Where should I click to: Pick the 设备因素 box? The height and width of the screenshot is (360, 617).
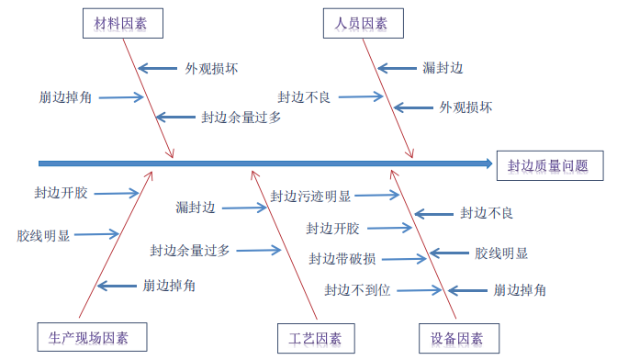pyautogui.click(x=457, y=338)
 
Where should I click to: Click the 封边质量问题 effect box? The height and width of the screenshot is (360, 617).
pyautogui.click(x=548, y=165)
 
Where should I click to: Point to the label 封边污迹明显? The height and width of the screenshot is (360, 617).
pyautogui.click(x=310, y=196)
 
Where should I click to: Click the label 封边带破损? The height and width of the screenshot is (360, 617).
pyautogui.click(x=342, y=258)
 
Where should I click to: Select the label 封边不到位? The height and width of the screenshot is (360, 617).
pyautogui.click(x=358, y=290)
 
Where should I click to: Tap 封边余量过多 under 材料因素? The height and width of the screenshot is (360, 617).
pyautogui.click(x=241, y=118)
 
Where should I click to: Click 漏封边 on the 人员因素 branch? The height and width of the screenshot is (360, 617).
pyautogui.click(x=443, y=68)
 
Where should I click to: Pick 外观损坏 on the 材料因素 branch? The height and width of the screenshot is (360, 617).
pyautogui.click(x=212, y=68)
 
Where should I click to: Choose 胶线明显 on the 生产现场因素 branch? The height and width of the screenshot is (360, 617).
pyautogui.click(x=43, y=235)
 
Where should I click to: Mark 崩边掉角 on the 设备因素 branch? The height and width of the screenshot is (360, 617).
pyautogui.click(x=520, y=290)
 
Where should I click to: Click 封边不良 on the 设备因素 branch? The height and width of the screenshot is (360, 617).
pyautogui.click(x=486, y=213)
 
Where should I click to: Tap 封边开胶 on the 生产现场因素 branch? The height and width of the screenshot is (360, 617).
pyautogui.click(x=62, y=193)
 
